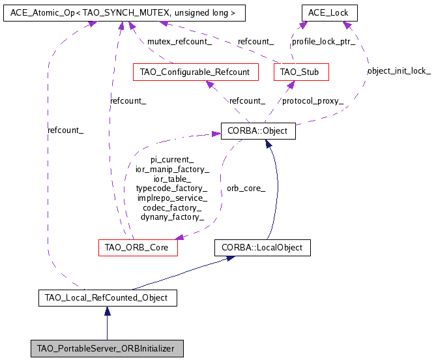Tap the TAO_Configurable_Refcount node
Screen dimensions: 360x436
tap(195, 72)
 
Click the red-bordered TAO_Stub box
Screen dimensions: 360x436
tap(300, 72)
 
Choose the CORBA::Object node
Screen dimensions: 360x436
tap(258, 131)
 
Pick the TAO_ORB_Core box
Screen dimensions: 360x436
tap(137, 248)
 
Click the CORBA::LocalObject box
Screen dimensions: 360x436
tap(262, 248)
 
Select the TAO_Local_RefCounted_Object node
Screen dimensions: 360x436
tap(108, 298)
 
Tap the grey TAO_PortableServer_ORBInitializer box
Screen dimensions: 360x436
tap(108, 348)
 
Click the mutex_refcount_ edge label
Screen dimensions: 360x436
tap(179, 41)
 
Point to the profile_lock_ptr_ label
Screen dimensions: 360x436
tap(323, 41)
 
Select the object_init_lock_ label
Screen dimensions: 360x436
tap(399, 70)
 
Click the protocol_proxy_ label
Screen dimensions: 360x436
tap(312, 100)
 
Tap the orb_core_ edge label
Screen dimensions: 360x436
tap(246, 188)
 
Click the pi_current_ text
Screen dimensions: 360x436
tap(172, 159)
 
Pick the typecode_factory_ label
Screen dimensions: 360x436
tap(172, 188)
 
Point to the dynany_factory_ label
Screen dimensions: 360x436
tap(172, 217)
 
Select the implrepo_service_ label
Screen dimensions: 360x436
tap(172, 198)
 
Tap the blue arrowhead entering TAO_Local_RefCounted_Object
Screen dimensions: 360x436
tap(108, 311)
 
